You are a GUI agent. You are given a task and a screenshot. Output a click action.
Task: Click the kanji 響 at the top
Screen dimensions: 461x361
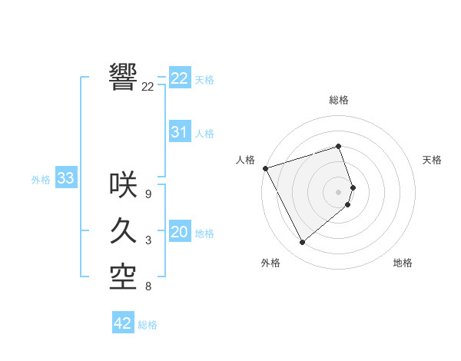124,76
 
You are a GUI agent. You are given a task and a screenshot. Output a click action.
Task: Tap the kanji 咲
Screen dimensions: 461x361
124,184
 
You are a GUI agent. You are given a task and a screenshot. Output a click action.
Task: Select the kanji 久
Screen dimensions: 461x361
124,230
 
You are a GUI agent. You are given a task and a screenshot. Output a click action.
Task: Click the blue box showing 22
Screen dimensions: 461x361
179,78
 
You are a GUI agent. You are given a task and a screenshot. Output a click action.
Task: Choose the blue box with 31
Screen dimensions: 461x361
179,132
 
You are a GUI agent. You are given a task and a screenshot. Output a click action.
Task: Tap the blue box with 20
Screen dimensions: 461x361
179,232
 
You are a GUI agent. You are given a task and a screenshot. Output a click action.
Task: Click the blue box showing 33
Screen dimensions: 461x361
65,179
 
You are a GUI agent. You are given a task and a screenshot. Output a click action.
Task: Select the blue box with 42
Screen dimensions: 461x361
122,323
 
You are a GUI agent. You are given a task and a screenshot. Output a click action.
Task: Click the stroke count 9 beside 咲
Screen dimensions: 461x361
148,194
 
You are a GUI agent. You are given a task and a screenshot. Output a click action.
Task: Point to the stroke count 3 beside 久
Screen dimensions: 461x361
148,241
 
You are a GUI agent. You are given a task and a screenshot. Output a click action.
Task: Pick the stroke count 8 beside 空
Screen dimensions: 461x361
148,287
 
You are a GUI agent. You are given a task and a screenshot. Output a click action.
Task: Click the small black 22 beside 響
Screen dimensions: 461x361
148,87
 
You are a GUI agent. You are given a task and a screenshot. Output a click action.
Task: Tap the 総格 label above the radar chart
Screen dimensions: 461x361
339,100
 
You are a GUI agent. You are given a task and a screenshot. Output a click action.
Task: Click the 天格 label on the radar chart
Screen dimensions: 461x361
433,160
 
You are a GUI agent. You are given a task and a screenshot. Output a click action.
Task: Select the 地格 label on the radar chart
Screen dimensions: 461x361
403,263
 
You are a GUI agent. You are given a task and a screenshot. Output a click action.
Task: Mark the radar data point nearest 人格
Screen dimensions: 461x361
265,167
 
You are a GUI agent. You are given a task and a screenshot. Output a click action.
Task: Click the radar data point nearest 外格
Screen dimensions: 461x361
302,243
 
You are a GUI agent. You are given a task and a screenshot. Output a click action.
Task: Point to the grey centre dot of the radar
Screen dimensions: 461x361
339,191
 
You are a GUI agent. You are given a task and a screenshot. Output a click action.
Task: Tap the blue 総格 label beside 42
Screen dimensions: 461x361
148,325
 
